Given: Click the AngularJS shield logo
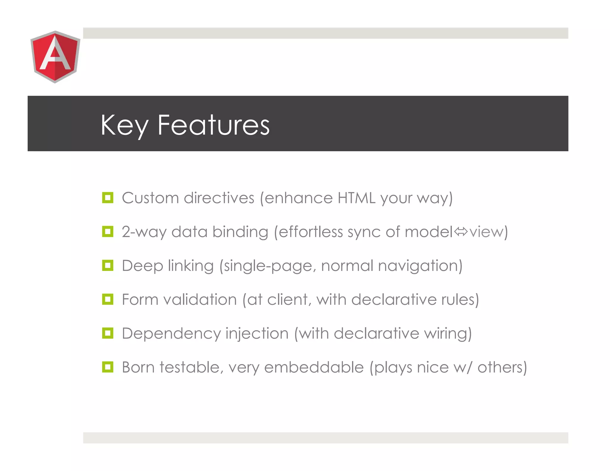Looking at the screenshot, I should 55,57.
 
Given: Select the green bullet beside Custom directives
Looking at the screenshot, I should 108,198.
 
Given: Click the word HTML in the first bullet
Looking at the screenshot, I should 356,198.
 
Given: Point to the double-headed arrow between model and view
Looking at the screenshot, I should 461,232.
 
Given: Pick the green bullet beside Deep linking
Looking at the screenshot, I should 108,265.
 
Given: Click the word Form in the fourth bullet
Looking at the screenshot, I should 140,299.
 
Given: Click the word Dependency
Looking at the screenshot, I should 171,333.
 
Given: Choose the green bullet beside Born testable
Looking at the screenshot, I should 108,367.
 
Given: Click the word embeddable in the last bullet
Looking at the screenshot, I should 314,367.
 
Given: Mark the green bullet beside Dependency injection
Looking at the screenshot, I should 108,333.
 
